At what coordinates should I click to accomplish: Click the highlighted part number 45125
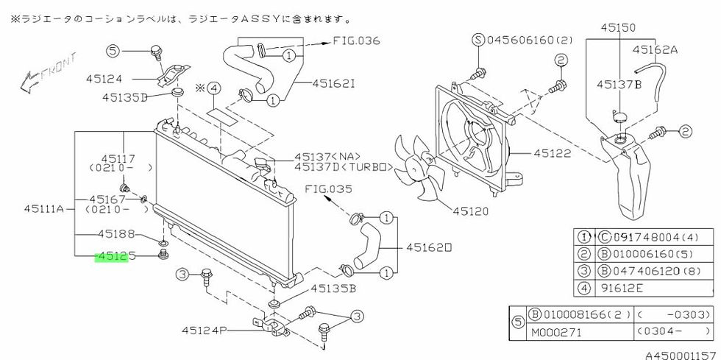tap(111, 258)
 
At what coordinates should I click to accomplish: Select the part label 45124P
tap(203, 330)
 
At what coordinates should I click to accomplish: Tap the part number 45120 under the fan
tap(472, 211)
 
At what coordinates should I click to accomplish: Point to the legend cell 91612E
tap(616, 289)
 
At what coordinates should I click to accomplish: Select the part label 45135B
tap(333, 289)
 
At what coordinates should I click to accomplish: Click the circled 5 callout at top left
tap(112, 51)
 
